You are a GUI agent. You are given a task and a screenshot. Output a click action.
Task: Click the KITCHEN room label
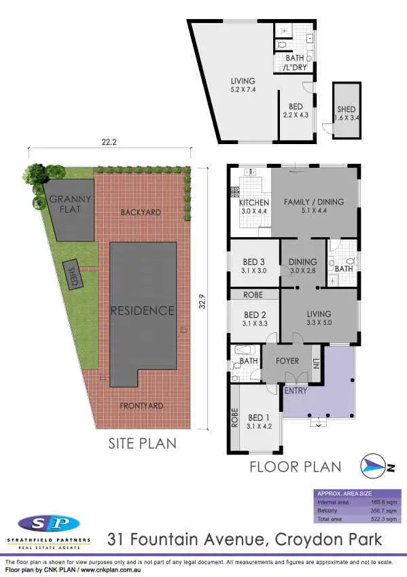(254, 203)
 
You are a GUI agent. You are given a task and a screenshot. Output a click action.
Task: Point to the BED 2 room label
(253, 315)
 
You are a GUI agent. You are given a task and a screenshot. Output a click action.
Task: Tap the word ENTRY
(296, 391)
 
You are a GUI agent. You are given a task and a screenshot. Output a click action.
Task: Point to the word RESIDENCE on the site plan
(142, 311)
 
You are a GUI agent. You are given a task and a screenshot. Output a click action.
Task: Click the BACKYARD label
(141, 212)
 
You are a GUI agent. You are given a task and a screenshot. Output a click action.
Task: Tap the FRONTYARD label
(141, 406)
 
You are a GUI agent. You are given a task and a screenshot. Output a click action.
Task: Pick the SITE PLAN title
(142, 444)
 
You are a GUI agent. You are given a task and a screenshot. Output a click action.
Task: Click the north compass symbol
(376, 465)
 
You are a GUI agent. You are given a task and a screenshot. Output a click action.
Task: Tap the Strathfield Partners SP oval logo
(48, 524)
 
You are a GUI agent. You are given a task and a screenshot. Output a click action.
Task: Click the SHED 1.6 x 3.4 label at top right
(346, 113)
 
